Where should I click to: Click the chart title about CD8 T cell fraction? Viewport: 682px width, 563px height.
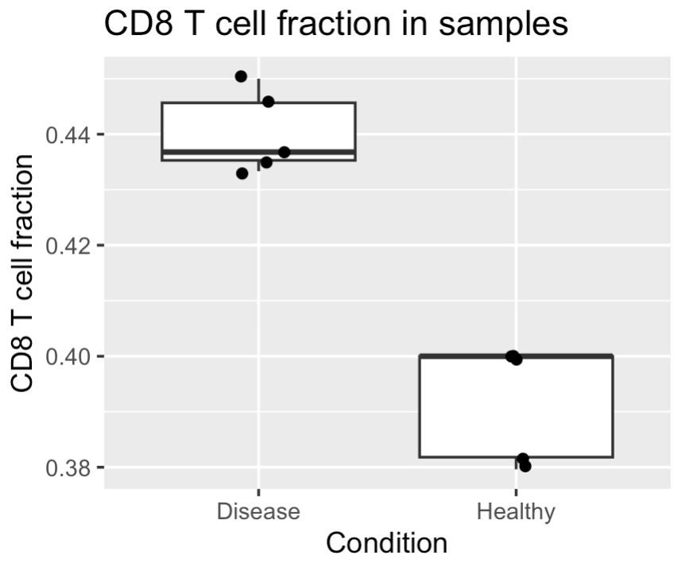coord(335,25)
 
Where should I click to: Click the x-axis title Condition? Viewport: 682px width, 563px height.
coord(386,543)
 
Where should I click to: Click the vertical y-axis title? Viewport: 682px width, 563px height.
coord(21,274)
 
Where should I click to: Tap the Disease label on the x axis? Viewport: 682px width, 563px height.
coord(258,511)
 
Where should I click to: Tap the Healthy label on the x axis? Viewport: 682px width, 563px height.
coord(516,512)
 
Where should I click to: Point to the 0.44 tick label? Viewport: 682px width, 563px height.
coord(68,135)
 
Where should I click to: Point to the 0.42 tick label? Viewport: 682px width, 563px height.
coord(68,247)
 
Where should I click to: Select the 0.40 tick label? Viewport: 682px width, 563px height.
coord(68,357)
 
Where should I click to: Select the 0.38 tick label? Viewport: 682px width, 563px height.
coord(68,468)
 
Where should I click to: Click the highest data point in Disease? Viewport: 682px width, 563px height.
coord(241,76)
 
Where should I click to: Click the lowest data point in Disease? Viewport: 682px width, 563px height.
coord(242,173)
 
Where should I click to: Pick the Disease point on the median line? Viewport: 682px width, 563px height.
coord(285,152)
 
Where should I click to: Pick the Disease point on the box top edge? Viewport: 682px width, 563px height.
coord(269,102)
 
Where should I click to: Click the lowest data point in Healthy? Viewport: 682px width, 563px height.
coord(525,467)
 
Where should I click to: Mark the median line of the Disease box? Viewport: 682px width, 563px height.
coord(259,152)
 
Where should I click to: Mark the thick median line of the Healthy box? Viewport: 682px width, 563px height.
coord(517,356)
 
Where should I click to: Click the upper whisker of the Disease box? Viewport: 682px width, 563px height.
coord(259,91)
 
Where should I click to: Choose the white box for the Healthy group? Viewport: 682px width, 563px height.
coord(517,407)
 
